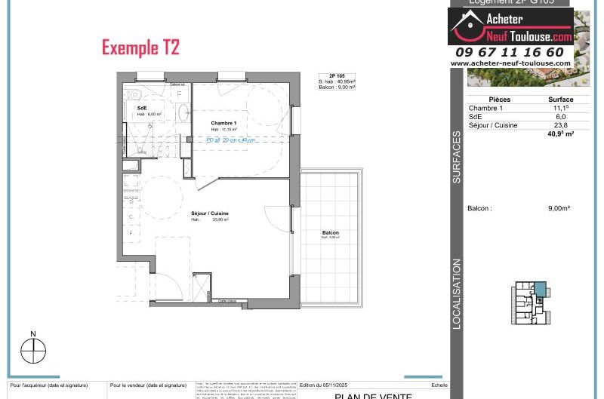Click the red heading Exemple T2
tap(140, 48)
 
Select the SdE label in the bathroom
tap(141, 109)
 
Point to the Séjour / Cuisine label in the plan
tap(209, 213)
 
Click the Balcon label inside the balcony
tap(330, 233)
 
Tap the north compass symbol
tap(33, 351)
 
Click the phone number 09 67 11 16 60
tap(510, 52)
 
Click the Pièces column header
tap(499, 100)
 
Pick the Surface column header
tap(560, 100)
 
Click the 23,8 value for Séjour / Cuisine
tap(560, 125)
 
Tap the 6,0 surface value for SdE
tap(560, 117)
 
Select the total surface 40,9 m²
tap(560, 134)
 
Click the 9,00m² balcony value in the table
tap(559, 208)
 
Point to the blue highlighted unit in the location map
tap(539, 289)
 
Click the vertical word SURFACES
tap(457, 158)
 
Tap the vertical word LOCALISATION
tap(457, 294)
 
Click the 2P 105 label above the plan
tap(337, 75)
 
